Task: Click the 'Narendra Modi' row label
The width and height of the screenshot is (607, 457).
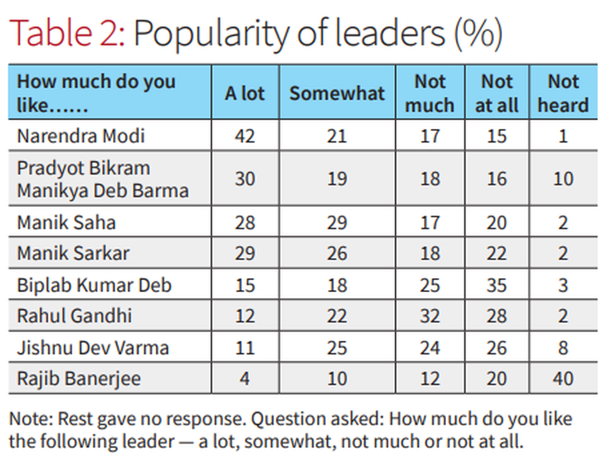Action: (81, 135)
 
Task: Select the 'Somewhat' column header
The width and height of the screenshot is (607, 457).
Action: (337, 94)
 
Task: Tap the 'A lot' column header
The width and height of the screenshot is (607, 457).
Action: (245, 94)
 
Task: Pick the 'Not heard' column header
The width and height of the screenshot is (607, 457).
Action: (563, 94)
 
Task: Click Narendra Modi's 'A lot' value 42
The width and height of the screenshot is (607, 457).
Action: (245, 135)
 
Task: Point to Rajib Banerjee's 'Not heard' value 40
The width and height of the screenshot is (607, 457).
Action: (563, 378)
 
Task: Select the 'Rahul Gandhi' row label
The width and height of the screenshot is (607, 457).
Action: (74, 316)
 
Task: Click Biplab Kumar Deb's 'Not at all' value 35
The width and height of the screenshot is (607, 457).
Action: (497, 285)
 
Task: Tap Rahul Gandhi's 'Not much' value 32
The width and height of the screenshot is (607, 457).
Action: (429, 316)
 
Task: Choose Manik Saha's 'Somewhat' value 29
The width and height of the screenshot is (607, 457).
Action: (337, 222)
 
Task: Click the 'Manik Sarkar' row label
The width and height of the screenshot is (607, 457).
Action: (73, 253)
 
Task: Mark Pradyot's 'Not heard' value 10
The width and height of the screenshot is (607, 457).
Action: (563, 178)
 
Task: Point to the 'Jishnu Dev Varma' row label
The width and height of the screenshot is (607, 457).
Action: (93, 348)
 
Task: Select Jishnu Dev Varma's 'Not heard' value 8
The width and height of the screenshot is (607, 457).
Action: (563, 348)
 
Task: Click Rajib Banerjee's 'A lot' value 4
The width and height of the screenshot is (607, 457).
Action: (245, 378)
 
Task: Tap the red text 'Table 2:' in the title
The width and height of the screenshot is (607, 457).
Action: (67, 34)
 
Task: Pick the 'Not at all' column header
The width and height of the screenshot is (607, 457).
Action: (497, 94)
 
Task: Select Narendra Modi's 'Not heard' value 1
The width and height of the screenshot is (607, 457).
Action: (563, 135)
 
